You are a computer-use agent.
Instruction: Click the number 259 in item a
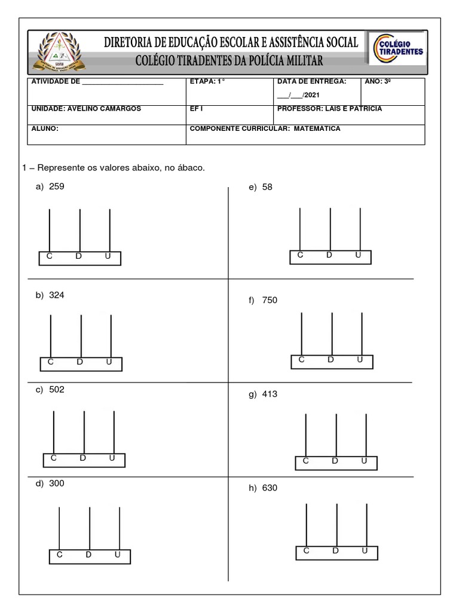point(56,186)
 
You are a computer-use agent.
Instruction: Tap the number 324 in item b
point(56,295)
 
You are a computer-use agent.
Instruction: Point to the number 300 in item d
point(56,484)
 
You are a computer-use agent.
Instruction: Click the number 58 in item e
point(267,187)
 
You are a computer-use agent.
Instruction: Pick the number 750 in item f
point(270,300)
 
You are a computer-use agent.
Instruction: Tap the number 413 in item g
point(270,394)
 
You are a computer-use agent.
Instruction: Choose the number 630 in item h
point(270,488)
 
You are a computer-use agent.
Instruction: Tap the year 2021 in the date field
point(311,95)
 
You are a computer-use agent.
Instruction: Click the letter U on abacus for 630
point(365,550)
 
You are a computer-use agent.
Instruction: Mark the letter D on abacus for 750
point(331,360)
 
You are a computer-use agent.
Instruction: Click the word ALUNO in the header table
point(44,128)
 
